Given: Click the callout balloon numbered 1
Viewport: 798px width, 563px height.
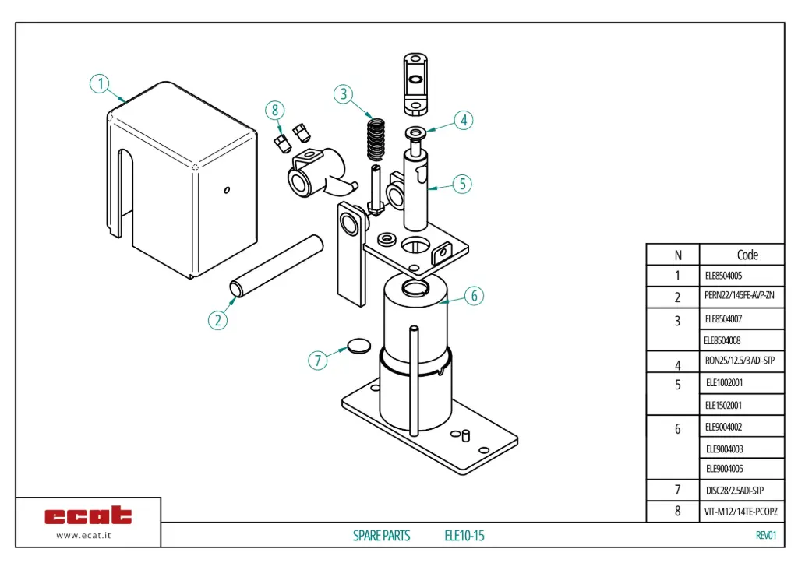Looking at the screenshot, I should pos(100,83).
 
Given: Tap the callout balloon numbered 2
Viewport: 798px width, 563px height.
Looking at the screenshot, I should pos(218,319).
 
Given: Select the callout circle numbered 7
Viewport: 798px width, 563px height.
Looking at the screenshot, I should pos(316,361).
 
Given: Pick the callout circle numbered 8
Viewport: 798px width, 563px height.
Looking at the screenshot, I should pos(274,110).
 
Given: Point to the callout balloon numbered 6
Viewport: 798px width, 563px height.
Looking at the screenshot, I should pos(475,296).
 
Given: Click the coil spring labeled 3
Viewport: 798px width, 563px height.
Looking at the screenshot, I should pos(377,139).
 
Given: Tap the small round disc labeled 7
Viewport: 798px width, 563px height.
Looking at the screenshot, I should pos(358,345).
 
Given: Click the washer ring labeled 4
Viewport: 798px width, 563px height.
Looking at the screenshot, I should pos(415,131).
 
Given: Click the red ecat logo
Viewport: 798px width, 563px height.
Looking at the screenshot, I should pos(88,515).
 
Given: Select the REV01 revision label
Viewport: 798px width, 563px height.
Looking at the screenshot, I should pos(766,535).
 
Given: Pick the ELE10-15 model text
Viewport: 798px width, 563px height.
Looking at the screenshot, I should pos(464,536).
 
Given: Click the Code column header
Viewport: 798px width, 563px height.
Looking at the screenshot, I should pos(747,255).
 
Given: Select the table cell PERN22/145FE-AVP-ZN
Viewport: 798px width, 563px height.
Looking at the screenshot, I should pos(739,296).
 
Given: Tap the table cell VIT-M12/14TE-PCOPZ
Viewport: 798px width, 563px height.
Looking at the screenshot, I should pos(740,512).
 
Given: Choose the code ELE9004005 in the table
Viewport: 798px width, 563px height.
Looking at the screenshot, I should pos(724,469).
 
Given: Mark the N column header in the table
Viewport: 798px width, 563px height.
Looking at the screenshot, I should pos(676,255).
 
